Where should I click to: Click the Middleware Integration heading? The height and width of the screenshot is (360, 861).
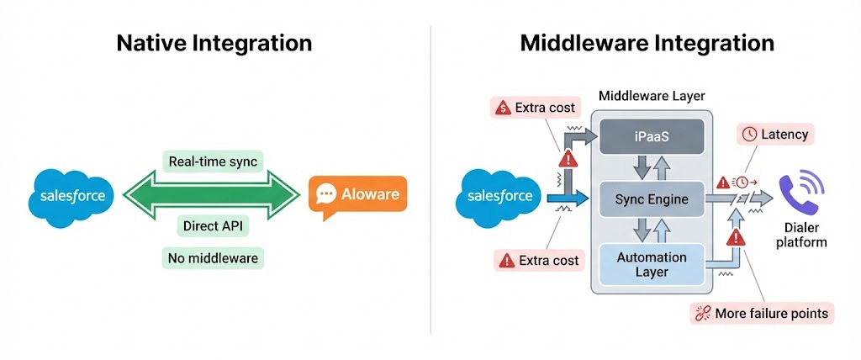[x=647, y=43]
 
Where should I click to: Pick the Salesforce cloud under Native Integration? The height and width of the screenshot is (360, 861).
[x=73, y=196]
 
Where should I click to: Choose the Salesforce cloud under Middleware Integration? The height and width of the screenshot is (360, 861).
[x=499, y=196]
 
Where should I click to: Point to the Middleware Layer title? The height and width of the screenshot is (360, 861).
[x=652, y=95]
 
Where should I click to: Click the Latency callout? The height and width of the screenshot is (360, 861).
[x=776, y=134]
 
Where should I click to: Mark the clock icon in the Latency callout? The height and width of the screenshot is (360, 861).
[x=749, y=134]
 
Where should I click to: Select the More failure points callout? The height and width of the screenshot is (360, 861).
[x=762, y=314]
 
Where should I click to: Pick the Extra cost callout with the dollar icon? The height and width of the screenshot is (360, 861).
[x=536, y=107]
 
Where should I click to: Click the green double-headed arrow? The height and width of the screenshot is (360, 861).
[x=212, y=194]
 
